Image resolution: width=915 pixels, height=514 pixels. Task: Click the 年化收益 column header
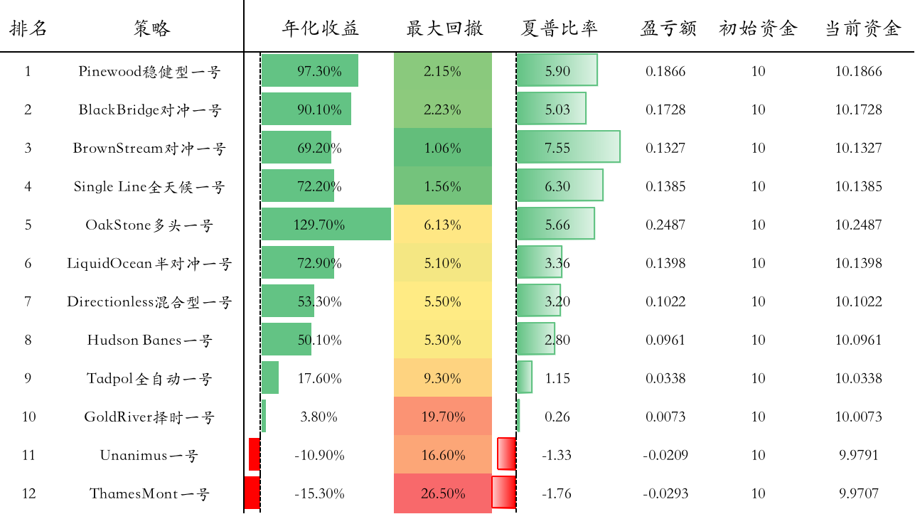tap(320, 28)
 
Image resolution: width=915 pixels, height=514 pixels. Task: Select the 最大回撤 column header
tap(444, 28)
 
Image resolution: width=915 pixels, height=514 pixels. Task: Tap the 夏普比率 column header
tap(559, 28)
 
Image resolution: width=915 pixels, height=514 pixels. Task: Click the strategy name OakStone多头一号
tap(149, 225)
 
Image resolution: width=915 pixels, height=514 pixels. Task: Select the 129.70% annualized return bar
tap(326, 225)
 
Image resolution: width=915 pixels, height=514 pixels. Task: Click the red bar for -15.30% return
tap(252, 493)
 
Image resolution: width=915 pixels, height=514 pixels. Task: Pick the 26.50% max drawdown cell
tap(442, 493)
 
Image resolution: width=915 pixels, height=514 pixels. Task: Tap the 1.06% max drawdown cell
tap(442, 148)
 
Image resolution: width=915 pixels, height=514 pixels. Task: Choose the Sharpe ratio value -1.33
tap(557, 455)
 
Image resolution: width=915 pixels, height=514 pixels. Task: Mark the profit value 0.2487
tap(665, 225)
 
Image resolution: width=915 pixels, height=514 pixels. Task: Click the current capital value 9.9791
tap(858, 455)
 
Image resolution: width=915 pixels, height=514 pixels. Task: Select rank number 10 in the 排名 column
tap(28, 417)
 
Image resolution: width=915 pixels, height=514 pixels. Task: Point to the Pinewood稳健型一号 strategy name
tap(149, 71)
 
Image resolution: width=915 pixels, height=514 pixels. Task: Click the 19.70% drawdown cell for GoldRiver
tap(442, 417)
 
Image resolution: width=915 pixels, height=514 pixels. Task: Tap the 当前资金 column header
tap(862, 28)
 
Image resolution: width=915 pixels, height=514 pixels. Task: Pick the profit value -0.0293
tap(665, 493)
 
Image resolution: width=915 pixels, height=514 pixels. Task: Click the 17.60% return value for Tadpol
tap(319, 378)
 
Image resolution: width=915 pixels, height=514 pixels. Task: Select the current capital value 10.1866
tap(858, 71)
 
